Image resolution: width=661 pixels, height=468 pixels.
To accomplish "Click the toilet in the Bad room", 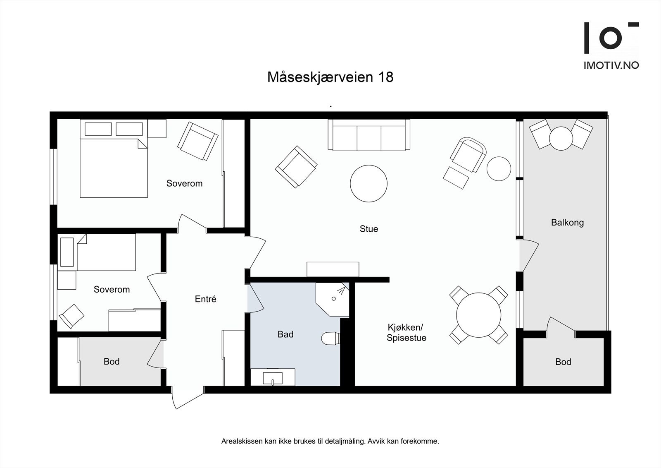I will tap(330, 338).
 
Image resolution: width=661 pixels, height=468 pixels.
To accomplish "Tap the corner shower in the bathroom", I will tap(333, 298).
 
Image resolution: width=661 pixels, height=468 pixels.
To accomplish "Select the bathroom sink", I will tap(273, 377).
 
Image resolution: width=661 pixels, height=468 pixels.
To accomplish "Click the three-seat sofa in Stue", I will tap(369, 135).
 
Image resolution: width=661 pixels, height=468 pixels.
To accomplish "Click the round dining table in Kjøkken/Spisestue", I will tap(478, 315).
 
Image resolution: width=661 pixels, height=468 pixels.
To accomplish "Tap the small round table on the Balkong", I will tap(561, 138).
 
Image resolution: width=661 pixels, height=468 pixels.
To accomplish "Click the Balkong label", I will tap(567, 223).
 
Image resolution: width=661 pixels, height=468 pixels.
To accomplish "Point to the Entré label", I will tap(205, 299).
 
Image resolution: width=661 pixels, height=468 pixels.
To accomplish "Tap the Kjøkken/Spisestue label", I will tap(406, 333).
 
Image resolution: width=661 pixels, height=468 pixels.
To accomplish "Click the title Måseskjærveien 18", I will tap(330, 77).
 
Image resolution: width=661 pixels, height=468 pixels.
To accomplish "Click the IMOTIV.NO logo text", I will tap(611, 65).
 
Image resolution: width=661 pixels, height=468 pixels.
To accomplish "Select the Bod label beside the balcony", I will tap(563, 362).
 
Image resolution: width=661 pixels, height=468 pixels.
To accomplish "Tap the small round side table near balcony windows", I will tap(499, 169).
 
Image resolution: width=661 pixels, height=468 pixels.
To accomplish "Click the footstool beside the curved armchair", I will tap(456, 177).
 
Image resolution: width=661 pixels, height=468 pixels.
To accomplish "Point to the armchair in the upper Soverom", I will tap(197, 141).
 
